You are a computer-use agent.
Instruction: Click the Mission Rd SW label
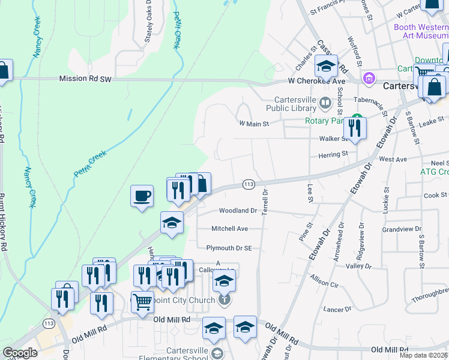tap(86, 79)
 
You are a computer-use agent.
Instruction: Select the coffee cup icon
tap(142, 196)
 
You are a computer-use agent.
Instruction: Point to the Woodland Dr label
tap(238, 211)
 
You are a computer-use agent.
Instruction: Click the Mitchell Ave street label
tap(229, 229)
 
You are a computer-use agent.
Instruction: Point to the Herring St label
tap(333, 154)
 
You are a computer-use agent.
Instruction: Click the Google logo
tap(20, 352)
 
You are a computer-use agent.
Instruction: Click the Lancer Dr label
tap(337, 309)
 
